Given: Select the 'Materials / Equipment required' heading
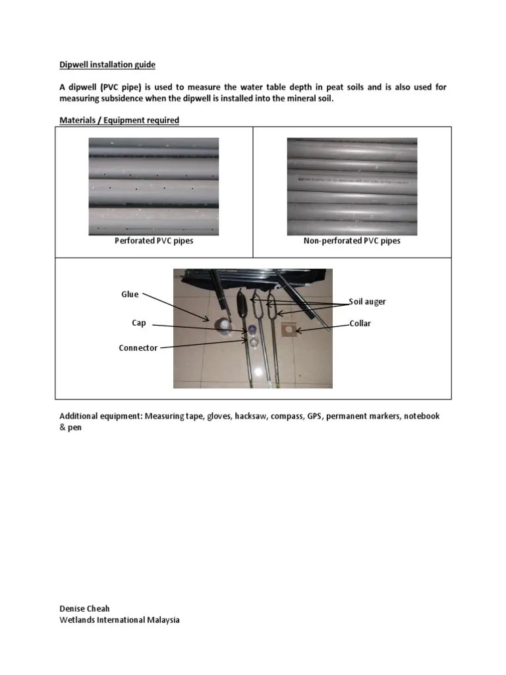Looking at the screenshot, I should pyautogui.click(x=119, y=120).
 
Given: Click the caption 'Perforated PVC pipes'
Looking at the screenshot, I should pyautogui.click(x=154, y=241).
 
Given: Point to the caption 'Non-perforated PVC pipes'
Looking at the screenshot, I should pyautogui.click(x=351, y=241).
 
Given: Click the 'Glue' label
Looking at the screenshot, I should pyautogui.click(x=130, y=295).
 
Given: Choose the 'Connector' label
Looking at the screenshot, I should pyautogui.click(x=138, y=347).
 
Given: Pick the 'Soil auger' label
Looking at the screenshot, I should pyautogui.click(x=368, y=301).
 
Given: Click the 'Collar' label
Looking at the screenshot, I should pyautogui.click(x=360, y=324).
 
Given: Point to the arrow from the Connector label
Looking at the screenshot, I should pyautogui.click(x=204, y=344).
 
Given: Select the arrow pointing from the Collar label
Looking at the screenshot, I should pyautogui.click(x=323, y=326).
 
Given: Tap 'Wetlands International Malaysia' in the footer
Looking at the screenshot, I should pyautogui.click(x=119, y=620).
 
